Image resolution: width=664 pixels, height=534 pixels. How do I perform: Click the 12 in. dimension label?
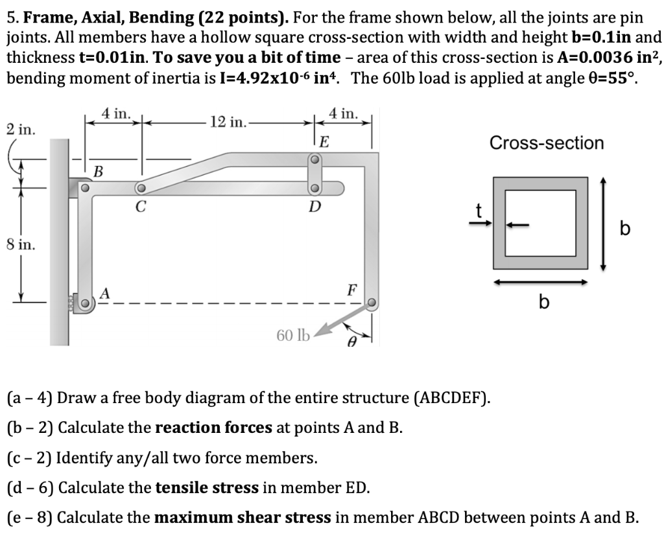[x=227, y=122]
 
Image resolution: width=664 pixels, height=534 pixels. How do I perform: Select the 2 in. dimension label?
[x=19, y=129]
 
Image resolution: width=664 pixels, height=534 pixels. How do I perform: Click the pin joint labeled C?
[x=139, y=189]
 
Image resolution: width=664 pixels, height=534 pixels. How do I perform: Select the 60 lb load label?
[x=293, y=335]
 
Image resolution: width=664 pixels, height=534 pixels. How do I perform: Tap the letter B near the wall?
[x=98, y=172]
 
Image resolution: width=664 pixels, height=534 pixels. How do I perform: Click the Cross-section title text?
[x=546, y=143]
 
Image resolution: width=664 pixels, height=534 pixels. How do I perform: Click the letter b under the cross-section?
[x=543, y=302]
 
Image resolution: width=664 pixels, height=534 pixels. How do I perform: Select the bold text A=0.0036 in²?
[x=603, y=58]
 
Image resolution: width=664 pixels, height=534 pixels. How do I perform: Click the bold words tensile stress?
[x=207, y=487]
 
